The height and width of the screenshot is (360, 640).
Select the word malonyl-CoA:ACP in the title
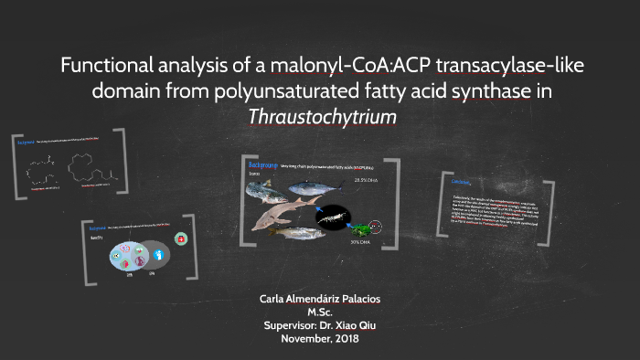293,67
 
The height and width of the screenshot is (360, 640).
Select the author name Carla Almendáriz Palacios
320,299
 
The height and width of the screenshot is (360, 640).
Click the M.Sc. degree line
320,312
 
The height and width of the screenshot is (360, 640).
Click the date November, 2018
320,339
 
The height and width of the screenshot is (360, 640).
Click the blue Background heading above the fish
263,165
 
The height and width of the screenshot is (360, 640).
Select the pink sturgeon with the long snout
280,216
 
